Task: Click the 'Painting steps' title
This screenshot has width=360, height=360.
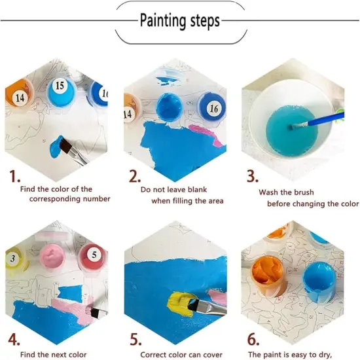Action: (x=180, y=21)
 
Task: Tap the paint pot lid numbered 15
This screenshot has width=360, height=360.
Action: (x=61, y=92)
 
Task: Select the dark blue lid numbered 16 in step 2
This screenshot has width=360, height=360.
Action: (x=211, y=109)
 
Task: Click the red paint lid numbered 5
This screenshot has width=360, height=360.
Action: (x=92, y=257)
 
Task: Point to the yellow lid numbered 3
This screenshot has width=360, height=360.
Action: (x=15, y=259)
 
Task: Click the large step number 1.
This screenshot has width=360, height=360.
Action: (x=14, y=177)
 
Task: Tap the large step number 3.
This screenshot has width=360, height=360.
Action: (x=253, y=177)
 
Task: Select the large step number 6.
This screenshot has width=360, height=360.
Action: (x=253, y=339)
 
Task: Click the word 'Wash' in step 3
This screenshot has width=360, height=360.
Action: (x=268, y=192)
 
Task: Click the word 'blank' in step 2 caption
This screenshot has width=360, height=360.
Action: (x=197, y=190)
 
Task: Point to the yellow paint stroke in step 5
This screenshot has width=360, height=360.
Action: (x=180, y=304)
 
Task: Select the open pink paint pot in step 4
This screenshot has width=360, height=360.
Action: (x=52, y=259)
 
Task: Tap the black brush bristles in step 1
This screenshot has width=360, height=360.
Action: (x=65, y=146)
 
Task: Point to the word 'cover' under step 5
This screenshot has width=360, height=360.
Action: (x=212, y=355)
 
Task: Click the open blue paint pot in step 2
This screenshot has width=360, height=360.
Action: (x=169, y=107)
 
